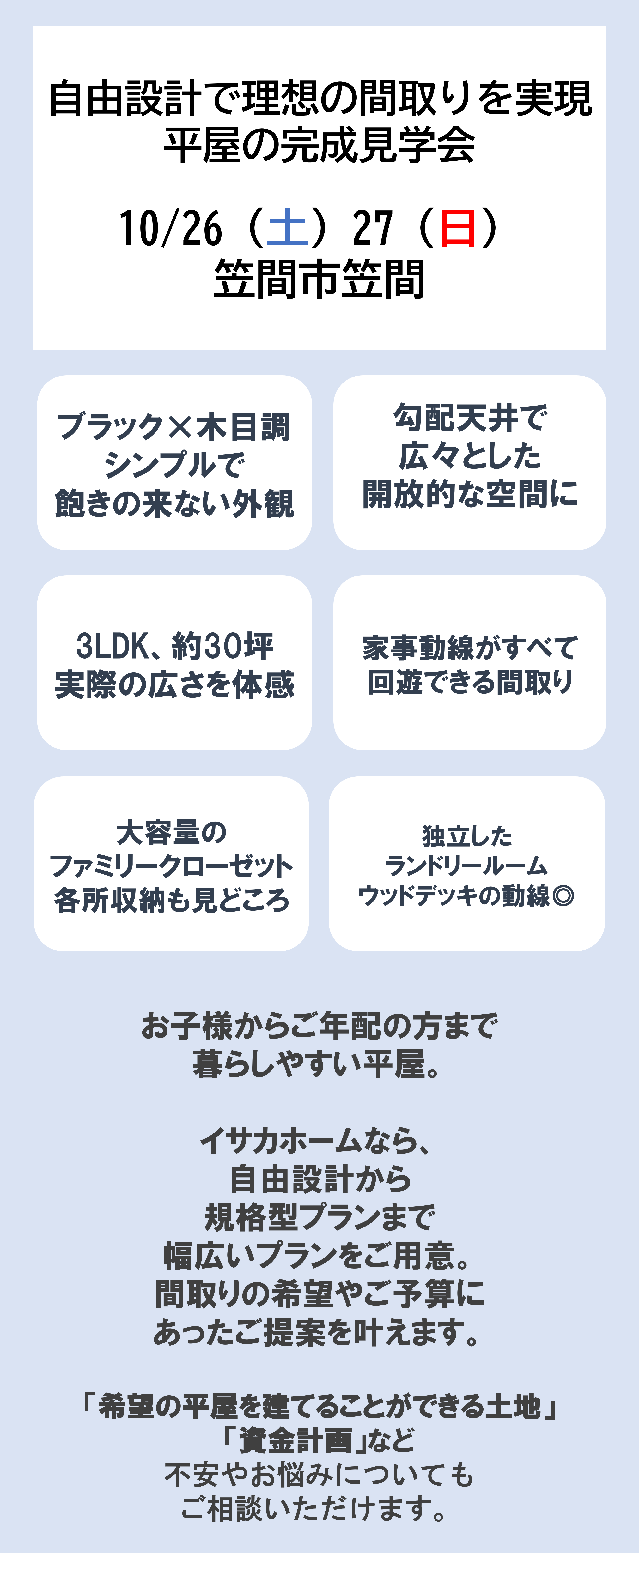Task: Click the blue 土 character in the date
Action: click(x=287, y=228)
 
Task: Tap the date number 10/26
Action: click(x=170, y=228)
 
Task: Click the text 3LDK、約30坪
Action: click(x=174, y=646)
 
